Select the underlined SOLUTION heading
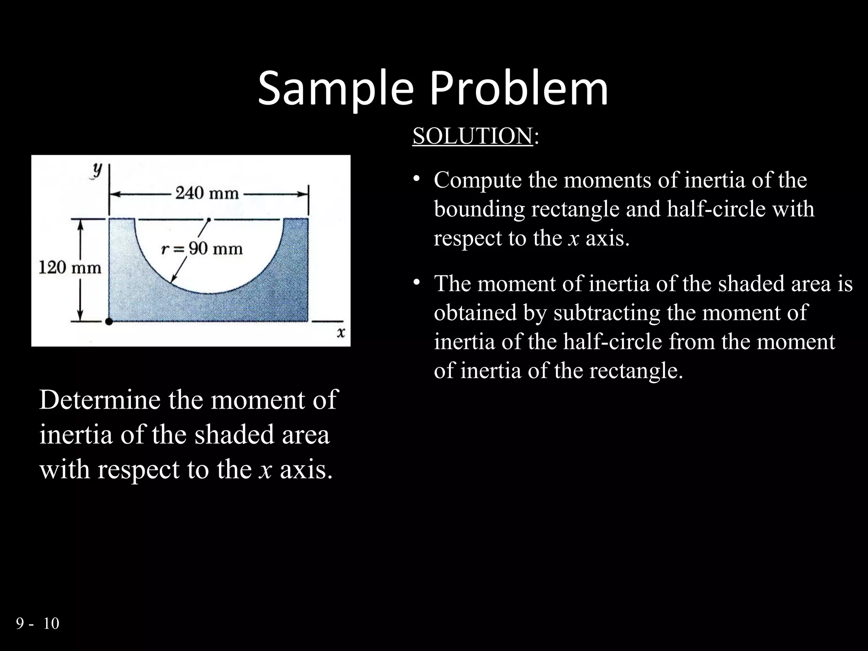click(x=472, y=136)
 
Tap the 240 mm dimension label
click(x=207, y=193)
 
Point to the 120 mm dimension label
click(x=70, y=268)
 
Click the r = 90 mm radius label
click(x=202, y=248)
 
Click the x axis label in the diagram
click(x=341, y=333)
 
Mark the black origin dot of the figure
click(x=109, y=322)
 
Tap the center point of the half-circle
click(x=209, y=220)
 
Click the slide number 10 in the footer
click(x=51, y=623)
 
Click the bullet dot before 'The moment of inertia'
click(x=417, y=282)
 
